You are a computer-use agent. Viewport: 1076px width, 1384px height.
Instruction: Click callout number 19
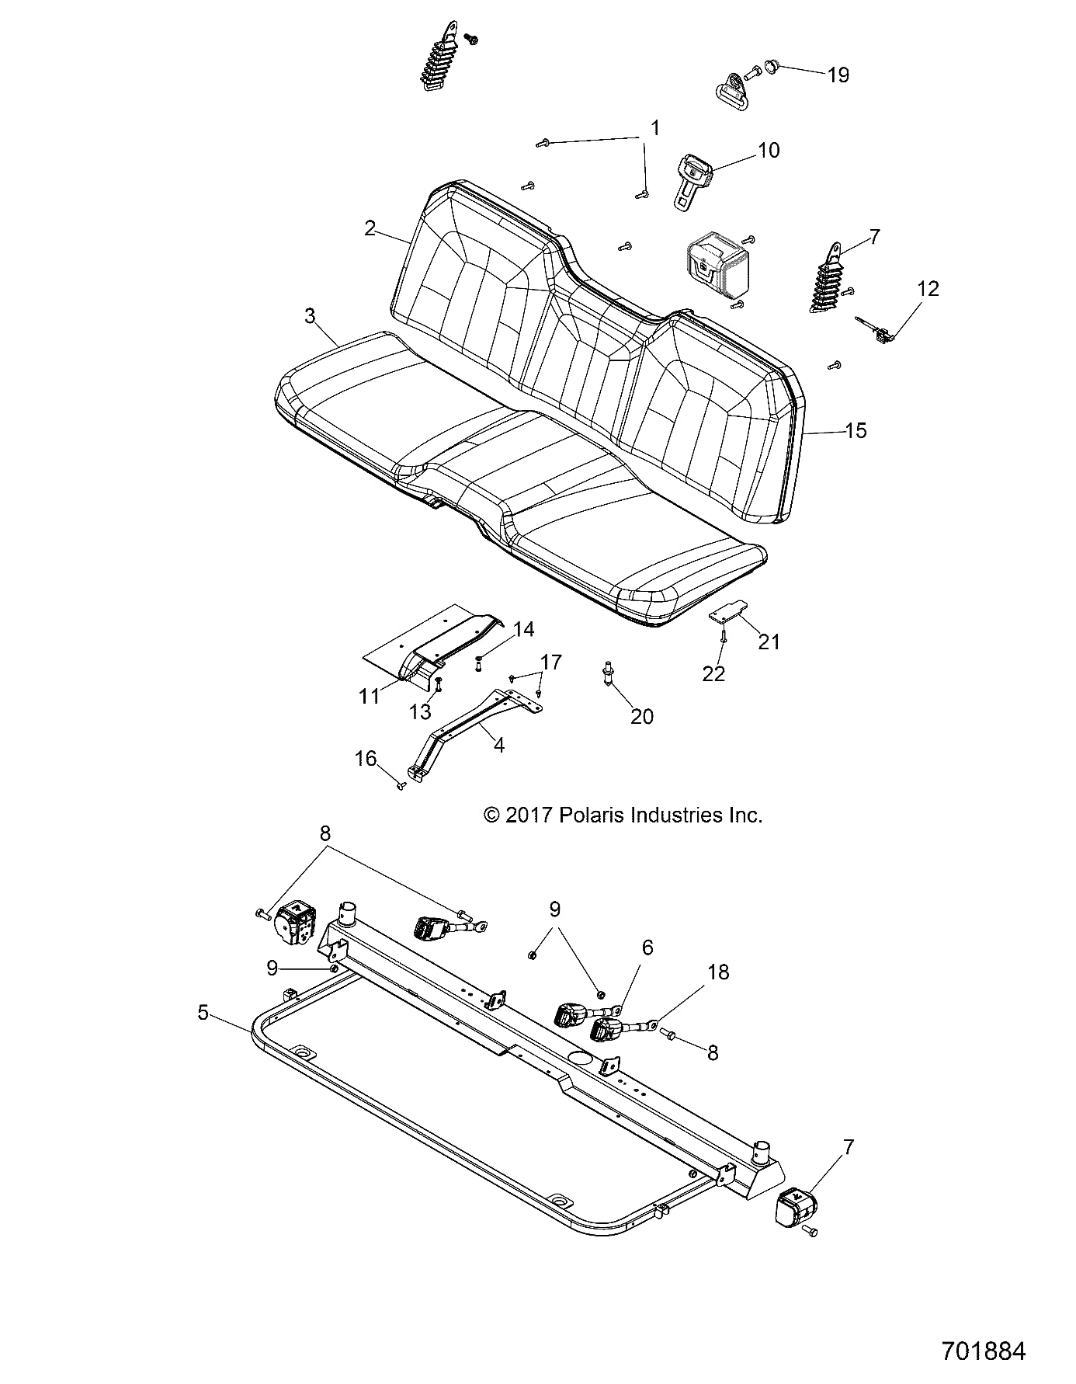(838, 75)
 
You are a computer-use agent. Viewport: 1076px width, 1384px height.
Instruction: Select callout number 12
(928, 289)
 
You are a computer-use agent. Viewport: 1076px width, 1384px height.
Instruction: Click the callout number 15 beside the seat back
(856, 430)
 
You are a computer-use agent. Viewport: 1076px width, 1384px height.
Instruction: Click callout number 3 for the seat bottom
(310, 315)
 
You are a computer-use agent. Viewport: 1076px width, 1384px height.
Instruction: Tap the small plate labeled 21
(728, 612)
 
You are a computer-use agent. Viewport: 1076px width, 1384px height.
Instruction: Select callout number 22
(713, 673)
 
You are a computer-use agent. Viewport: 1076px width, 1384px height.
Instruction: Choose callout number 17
(552, 662)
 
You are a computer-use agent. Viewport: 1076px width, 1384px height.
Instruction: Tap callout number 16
(365, 758)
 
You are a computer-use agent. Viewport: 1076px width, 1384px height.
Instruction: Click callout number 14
(524, 629)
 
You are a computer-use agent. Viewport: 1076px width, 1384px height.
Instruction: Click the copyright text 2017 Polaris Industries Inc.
(623, 815)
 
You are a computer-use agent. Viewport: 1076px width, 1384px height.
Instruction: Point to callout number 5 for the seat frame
(203, 1013)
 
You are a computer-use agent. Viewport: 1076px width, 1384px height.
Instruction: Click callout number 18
(718, 972)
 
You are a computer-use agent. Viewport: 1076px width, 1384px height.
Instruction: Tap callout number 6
(647, 948)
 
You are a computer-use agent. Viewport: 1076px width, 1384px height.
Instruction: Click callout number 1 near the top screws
(654, 127)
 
